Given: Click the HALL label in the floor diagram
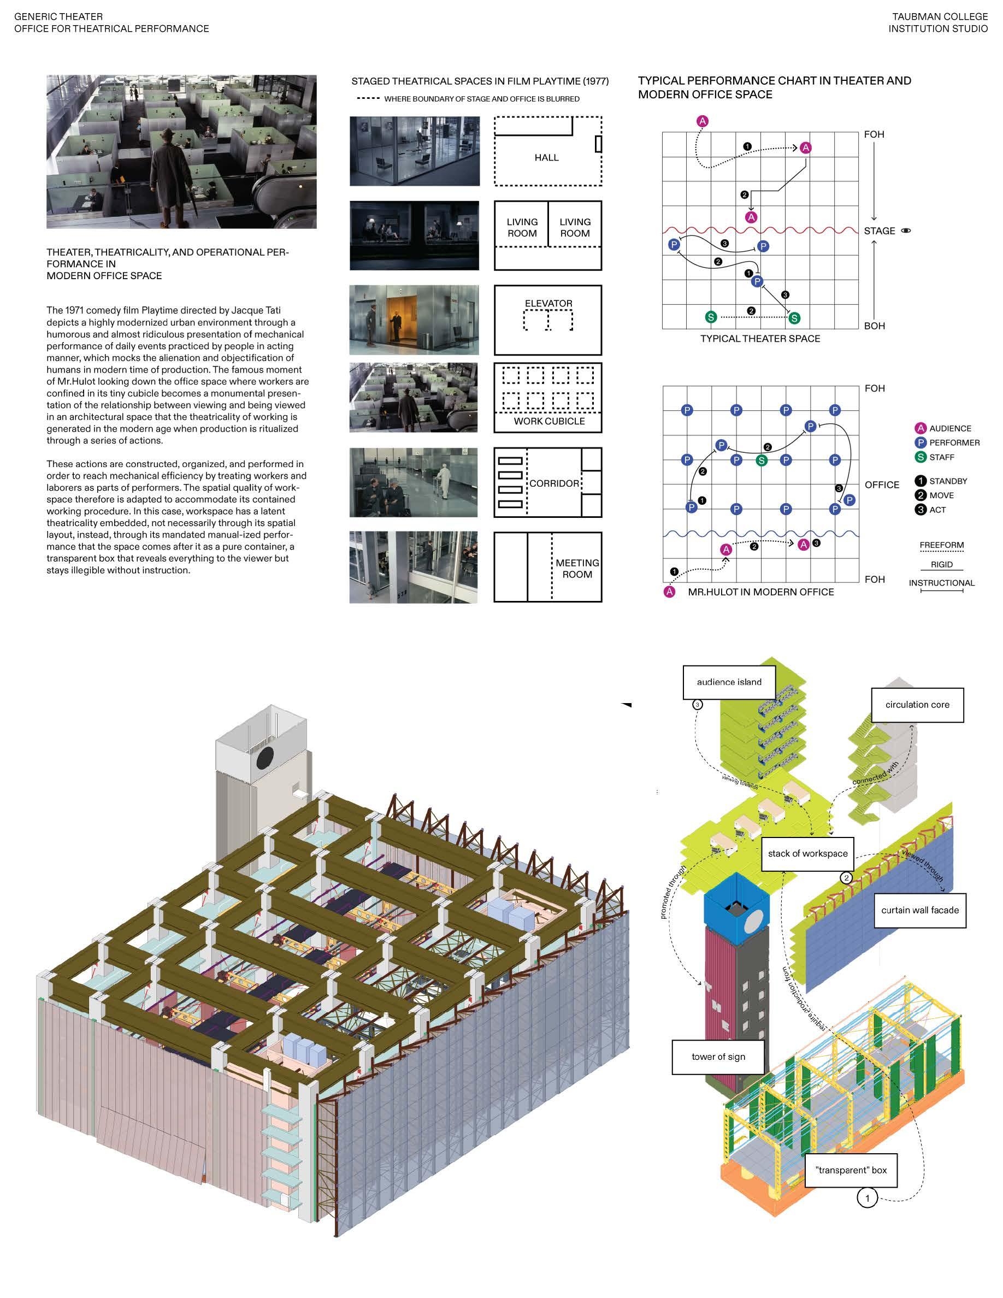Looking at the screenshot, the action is pos(546,157).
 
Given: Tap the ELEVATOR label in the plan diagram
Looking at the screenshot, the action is pos(548,303).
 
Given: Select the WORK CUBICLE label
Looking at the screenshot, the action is pos(549,421).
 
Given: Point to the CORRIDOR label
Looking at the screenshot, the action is pos(554,483).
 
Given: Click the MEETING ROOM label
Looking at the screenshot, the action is pos(577,568).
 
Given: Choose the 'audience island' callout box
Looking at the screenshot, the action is pos(729,682).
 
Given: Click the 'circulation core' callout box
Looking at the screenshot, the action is pos(917,704).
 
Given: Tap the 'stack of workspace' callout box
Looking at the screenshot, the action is pos(807,853).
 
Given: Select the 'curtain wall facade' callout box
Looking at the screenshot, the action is pos(920,910).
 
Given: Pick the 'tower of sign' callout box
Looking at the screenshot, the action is pos(718,1057).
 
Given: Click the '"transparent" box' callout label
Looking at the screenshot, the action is pos(851,1170).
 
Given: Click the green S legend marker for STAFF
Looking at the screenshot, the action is pos(921,457).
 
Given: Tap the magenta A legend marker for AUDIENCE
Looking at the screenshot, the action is pos(921,428).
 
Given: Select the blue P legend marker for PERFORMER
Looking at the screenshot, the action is pos(921,442).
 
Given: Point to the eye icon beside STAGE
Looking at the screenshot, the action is pos(906,231).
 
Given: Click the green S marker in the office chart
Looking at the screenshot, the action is pos(761,459).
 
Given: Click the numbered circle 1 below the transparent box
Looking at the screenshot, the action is pos(867,1197).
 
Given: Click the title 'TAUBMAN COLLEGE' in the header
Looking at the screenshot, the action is pos(940,16).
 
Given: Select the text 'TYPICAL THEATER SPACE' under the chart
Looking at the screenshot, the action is pos(760,339).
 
